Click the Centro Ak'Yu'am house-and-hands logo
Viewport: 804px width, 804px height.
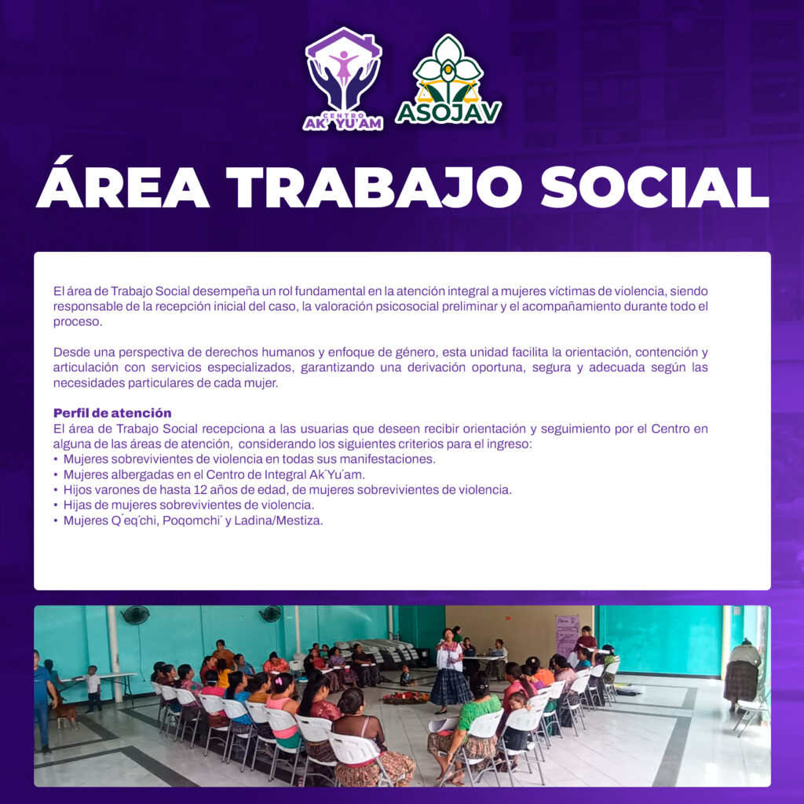(x=343, y=79)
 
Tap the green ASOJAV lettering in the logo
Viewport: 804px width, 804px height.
(x=448, y=113)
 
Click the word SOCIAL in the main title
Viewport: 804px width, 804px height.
(x=655, y=187)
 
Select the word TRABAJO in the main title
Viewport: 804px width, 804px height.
(x=374, y=187)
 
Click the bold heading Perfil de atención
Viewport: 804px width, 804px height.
(x=112, y=413)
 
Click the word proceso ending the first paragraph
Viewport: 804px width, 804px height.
(x=78, y=322)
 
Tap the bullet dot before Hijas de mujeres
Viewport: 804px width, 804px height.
(x=56, y=505)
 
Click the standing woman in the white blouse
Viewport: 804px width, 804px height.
(x=449, y=670)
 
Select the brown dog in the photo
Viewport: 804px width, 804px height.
(x=66, y=713)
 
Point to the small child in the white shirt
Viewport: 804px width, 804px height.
(x=93, y=688)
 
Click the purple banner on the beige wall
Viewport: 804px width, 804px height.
(x=567, y=636)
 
